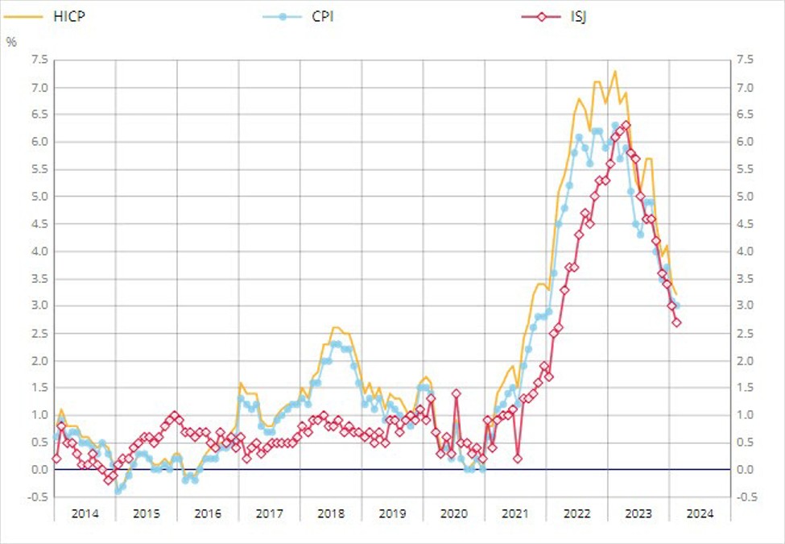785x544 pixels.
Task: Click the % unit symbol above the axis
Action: (x=11, y=42)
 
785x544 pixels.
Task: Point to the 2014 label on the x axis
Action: (x=85, y=513)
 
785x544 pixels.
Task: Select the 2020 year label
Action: (x=454, y=513)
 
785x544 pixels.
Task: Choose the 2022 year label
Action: (x=577, y=513)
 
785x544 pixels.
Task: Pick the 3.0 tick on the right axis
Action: (x=744, y=305)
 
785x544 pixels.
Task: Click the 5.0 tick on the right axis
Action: (x=744, y=197)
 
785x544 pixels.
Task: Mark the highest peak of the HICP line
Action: (x=615, y=71)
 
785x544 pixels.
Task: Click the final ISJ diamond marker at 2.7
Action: (x=676, y=322)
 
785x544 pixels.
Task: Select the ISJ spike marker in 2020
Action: (x=457, y=393)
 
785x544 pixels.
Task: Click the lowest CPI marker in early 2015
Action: (x=118, y=491)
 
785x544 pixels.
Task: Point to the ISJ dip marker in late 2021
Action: (x=518, y=459)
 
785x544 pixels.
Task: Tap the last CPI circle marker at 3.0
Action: (x=676, y=305)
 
